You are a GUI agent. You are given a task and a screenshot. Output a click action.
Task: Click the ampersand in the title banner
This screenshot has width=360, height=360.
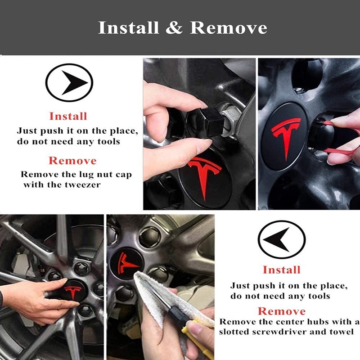pyautogui.click(x=174, y=28)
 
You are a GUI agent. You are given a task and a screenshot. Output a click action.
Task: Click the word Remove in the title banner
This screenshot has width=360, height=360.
pyautogui.click(x=229, y=28)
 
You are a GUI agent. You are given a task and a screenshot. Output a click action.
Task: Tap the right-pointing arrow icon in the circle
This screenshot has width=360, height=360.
pyautogui.click(x=74, y=83)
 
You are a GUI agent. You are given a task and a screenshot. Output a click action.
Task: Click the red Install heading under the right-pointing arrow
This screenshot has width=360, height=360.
pyautogui.click(x=68, y=116)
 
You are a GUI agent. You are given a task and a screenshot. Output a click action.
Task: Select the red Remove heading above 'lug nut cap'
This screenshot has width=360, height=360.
pyautogui.click(x=72, y=161)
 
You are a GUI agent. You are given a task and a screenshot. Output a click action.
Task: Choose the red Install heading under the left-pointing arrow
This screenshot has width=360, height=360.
pyautogui.click(x=282, y=270)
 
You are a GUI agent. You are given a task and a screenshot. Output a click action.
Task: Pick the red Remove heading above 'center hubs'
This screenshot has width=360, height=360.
pyautogui.click(x=282, y=311)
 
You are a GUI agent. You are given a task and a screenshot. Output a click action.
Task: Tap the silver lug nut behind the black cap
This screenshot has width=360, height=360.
pyautogui.click(x=231, y=119)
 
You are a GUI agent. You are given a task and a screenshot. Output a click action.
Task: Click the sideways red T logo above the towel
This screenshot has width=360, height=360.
pyautogui.click(x=127, y=264)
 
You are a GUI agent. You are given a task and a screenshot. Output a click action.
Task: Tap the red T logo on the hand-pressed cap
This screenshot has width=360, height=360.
pyautogui.click(x=73, y=292)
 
